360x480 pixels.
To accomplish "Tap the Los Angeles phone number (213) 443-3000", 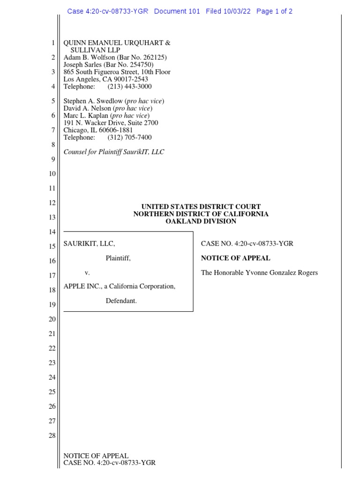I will click(x=129, y=87).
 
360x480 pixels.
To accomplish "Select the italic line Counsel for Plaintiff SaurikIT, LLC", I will click(x=114, y=152).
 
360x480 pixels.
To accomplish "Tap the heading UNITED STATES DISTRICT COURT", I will click(x=201, y=207).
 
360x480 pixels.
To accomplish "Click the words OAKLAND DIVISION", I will click(x=201, y=221).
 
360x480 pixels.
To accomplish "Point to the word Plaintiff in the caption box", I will click(x=118, y=258).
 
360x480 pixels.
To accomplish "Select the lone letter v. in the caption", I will click(x=87, y=272).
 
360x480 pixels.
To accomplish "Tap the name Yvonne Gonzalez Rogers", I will click(x=280, y=272).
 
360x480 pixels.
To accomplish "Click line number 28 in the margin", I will click(x=52, y=436).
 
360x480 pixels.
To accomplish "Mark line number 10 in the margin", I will click(x=52, y=174).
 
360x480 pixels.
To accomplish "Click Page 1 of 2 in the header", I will click(x=274, y=11).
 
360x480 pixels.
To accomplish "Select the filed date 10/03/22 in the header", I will click(x=238, y=11).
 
